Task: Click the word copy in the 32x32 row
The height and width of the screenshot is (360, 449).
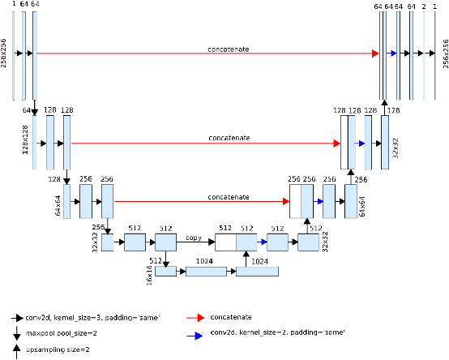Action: [193, 238]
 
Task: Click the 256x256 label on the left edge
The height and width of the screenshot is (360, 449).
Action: [6, 53]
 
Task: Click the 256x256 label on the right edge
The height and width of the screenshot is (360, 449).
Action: [444, 53]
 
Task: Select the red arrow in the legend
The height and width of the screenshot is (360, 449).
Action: [198, 319]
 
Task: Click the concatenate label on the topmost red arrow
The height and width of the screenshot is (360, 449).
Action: [227, 49]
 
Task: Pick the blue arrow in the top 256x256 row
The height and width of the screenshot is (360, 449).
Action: [393, 54]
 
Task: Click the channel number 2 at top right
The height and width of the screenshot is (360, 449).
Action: [424, 6]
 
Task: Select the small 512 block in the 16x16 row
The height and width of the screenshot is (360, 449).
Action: [165, 271]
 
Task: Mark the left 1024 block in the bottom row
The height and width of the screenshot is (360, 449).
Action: [206, 271]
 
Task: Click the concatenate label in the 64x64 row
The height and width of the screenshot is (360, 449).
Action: [227, 196]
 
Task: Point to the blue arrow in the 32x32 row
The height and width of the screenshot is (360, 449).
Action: [262, 242]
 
